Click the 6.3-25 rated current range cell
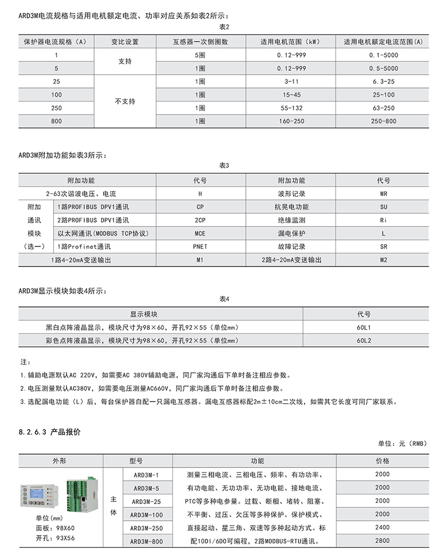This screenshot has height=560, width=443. tap(382, 81)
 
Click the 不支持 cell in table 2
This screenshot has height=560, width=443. tap(125, 101)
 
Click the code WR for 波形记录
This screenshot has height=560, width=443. tap(383, 194)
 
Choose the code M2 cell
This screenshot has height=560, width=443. tap(383, 260)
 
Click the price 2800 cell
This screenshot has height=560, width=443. tap(382, 541)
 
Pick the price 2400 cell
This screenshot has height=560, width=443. tap(382, 527)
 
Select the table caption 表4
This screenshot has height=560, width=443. tap(224, 300)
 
